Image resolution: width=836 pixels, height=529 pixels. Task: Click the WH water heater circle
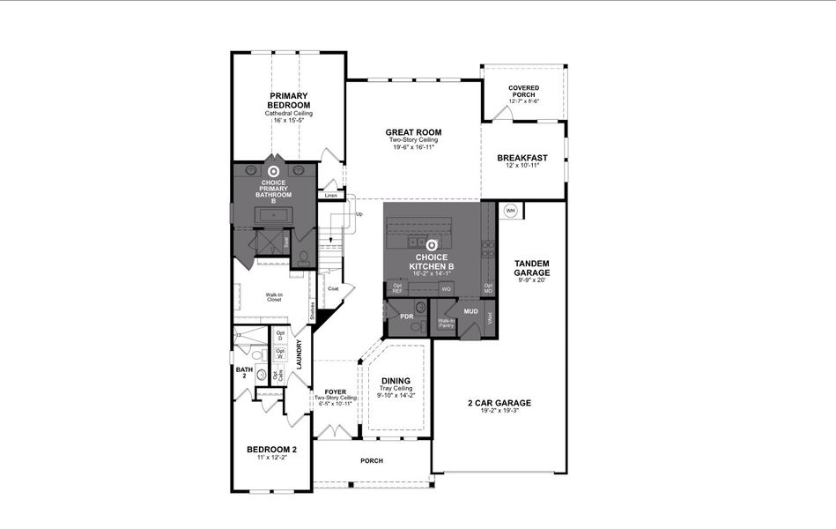511,211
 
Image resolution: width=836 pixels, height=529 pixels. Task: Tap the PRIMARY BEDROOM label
289,100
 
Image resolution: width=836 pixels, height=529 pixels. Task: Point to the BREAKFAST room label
522,158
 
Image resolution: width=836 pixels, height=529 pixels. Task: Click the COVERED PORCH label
523,91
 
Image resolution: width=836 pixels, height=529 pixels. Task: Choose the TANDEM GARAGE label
531,268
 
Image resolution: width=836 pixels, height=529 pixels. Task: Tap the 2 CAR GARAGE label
499,403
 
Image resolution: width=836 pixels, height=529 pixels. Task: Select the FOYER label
335,391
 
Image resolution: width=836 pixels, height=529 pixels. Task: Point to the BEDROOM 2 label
271,450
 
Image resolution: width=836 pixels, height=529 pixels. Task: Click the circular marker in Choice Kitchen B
432,246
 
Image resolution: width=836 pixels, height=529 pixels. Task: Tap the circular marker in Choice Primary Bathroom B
273,172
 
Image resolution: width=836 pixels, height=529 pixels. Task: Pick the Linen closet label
331,195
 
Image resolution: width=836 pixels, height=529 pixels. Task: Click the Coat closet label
333,288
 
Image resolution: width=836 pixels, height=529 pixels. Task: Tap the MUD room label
471,311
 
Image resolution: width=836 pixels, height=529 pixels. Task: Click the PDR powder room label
407,316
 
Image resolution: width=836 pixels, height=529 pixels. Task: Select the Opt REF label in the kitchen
397,288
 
